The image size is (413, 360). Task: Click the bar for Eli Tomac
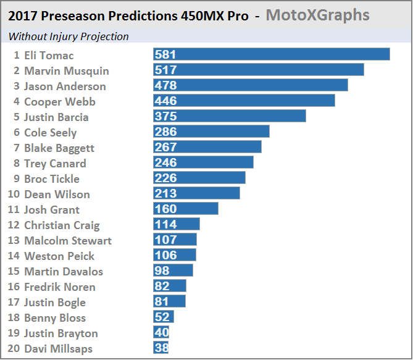(272, 54)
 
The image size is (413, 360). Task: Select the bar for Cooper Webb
(244, 101)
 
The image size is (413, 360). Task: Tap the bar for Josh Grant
(186, 209)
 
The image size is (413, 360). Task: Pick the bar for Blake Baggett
(207, 147)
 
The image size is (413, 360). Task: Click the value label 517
(166, 70)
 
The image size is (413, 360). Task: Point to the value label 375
(166, 116)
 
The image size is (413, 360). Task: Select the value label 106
(166, 255)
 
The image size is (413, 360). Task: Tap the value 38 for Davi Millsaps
(161, 348)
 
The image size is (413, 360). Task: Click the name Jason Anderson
(65, 86)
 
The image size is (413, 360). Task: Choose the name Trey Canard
(55, 164)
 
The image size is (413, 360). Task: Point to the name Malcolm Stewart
(68, 241)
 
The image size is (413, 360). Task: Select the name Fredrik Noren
(60, 287)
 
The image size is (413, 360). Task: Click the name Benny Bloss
(55, 318)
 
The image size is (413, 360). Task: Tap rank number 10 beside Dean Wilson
(14, 195)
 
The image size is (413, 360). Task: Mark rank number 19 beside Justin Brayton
(14, 333)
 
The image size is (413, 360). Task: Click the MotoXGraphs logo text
(317, 15)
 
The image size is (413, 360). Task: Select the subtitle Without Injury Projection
(69, 36)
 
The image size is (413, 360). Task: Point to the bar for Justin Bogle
(170, 301)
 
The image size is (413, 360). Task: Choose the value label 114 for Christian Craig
(166, 224)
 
